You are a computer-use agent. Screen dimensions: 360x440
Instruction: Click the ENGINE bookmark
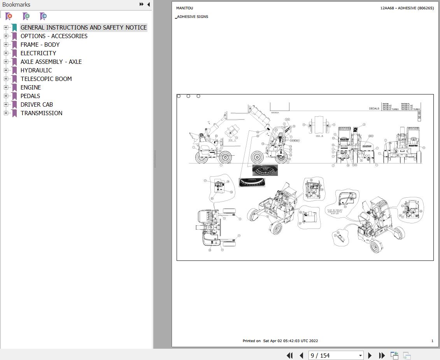pos(31,88)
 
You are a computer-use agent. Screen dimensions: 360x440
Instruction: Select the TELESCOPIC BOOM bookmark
pos(46,79)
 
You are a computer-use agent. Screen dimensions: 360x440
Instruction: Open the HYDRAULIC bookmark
pos(36,70)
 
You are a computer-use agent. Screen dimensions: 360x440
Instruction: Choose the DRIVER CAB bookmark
pos(37,105)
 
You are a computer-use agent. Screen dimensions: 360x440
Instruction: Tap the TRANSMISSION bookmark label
pos(41,113)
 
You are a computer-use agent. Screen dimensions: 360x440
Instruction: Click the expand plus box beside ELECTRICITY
pos(6,53)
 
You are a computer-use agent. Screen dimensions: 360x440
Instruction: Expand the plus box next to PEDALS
pos(6,96)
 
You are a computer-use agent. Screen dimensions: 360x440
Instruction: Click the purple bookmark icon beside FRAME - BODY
pos(14,45)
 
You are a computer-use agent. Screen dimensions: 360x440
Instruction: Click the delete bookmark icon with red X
pos(9,16)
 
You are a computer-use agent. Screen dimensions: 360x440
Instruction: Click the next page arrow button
pos(370,355)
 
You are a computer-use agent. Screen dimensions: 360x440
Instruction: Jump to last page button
pos(382,355)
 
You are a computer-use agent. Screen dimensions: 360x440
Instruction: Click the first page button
pos(289,355)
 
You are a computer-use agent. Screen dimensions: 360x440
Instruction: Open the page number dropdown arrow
pos(360,355)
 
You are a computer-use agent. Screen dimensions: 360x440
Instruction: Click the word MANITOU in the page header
pos(184,8)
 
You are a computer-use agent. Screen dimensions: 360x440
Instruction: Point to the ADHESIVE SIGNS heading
pos(193,17)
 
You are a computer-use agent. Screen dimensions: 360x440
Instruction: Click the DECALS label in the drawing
pos(374,109)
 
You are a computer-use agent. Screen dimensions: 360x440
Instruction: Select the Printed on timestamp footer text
pos(280,341)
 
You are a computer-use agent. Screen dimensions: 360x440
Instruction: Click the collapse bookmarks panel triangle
pos(148,5)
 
